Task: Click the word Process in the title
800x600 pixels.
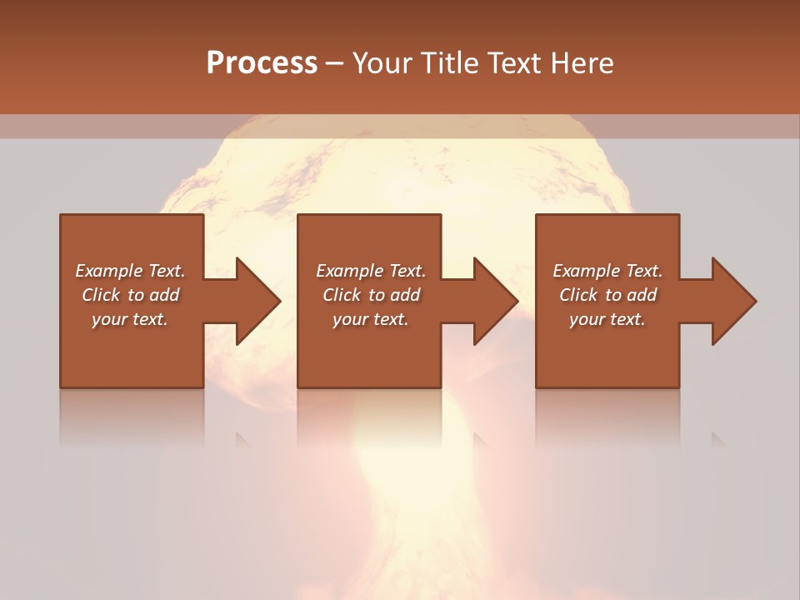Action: (x=262, y=63)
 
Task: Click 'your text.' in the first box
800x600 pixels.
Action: (x=130, y=319)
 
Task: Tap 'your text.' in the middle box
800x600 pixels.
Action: (x=370, y=319)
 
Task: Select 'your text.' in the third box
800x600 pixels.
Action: (x=607, y=319)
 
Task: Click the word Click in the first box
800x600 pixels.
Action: (x=101, y=295)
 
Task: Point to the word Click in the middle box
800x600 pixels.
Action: (x=342, y=295)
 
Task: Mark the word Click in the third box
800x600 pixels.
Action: (x=578, y=295)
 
